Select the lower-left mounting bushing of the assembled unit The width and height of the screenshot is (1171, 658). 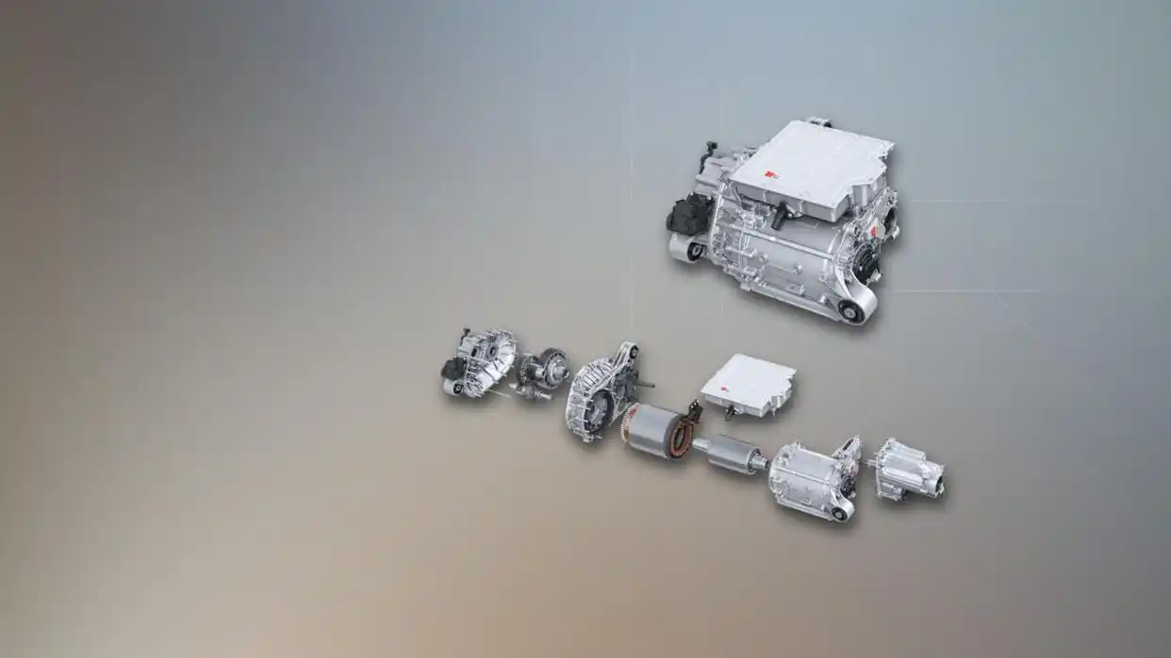(695, 251)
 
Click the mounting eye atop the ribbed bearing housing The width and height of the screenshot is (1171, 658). (627, 352)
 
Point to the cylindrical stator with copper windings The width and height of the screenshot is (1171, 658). (655, 431)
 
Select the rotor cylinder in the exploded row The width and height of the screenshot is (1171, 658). (736, 454)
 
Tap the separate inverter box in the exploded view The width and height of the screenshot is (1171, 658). (749, 382)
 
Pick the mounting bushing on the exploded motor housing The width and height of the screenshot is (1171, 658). (842, 510)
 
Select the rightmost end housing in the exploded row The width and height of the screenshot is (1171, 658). (907, 469)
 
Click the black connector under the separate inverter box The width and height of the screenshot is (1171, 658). (730, 412)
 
